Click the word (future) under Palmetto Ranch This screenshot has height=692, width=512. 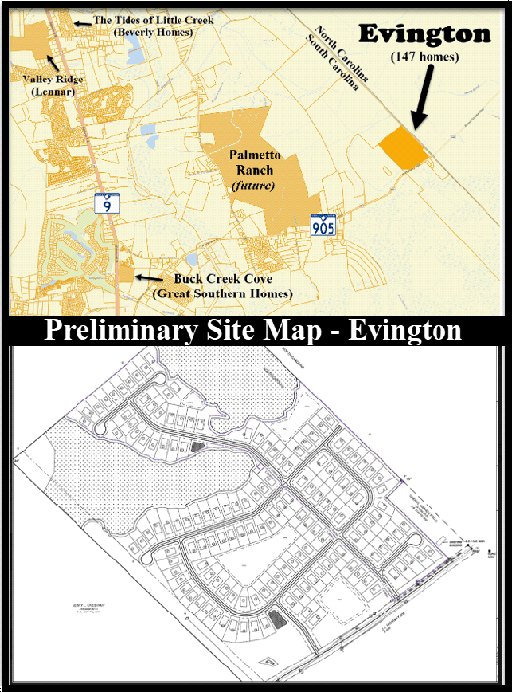coord(249,185)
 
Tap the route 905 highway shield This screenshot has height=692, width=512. coord(324,225)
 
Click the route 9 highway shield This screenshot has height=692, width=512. coord(103,204)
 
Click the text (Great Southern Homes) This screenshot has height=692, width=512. coord(222,293)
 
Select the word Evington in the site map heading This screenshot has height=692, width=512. coord(400,329)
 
